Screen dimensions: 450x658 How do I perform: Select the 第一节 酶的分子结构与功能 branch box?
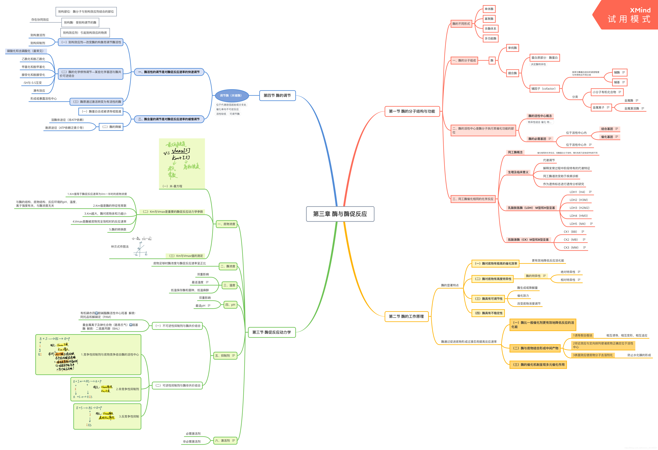(x=412, y=111)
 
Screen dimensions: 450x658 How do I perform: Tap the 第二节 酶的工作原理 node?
(x=406, y=316)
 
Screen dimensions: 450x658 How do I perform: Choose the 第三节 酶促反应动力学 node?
(x=272, y=332)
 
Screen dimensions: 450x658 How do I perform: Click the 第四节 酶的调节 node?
(x=277, y=95)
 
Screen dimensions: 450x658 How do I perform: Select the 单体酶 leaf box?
(x=489, y=9)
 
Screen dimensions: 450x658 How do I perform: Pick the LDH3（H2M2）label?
(x=579, y=208)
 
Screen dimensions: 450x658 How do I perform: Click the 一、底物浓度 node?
(x=226, y=224)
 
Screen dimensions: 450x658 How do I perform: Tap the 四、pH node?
(x=230, y=305)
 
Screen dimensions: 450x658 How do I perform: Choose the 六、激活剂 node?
(x=225, y=440)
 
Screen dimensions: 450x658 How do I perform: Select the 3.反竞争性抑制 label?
(x=129, y=416)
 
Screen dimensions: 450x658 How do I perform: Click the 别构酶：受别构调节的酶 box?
(x=80, y=22)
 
